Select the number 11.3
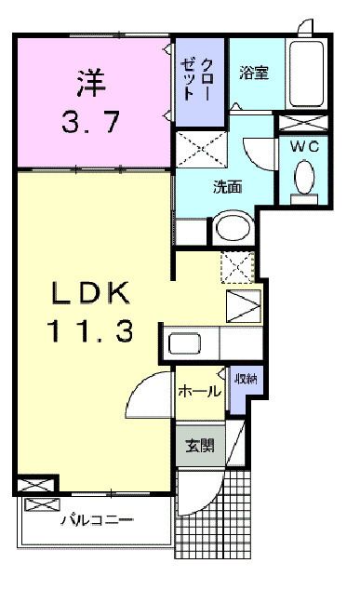[x=91, y=330]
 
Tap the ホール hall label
[x=199, y=392]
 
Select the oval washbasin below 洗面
[x=231, y=229]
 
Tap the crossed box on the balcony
[x=42, y=504]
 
